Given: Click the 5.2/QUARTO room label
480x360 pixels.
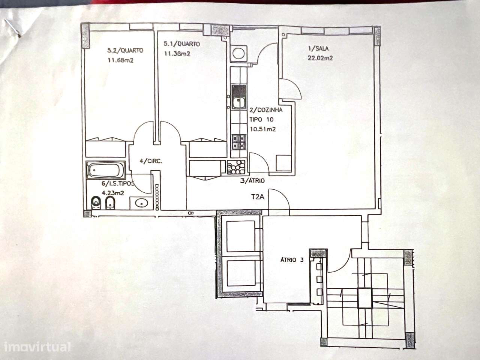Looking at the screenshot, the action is tap(125, 51).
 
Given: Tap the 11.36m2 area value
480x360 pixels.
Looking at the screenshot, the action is tap(177, 54).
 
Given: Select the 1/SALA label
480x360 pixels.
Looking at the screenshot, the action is tap(318, 48).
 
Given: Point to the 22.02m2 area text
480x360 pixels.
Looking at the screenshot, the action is tap(320, 58).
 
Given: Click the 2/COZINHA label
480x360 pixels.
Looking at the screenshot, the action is tap(266, 110).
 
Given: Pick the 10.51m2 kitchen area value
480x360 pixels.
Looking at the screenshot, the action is tap(263, 129).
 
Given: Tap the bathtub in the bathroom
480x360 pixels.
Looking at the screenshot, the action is tap(106, 170).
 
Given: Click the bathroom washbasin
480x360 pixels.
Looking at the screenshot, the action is tap(141, 203).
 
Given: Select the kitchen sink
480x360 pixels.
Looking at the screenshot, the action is tap(239, 97).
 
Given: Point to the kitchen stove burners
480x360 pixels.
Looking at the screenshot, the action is tap(239, 142).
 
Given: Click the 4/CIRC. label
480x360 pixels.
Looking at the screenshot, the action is tap(151, 161).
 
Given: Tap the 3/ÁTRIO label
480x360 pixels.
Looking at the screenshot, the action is tap(252, 180).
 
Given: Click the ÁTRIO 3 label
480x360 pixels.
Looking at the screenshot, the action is tap(292, 260).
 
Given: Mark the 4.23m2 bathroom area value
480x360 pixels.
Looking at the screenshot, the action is tap(113, 193).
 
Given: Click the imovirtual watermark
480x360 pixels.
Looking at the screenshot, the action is tap(37, 347).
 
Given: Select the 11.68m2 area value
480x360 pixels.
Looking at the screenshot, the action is tap(120, 60).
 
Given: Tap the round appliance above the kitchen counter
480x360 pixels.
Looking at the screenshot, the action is tap(238, 53).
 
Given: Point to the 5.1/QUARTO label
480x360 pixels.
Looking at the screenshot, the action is tap(182, 44).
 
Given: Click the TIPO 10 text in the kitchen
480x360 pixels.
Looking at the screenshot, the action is tap(261, 120).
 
